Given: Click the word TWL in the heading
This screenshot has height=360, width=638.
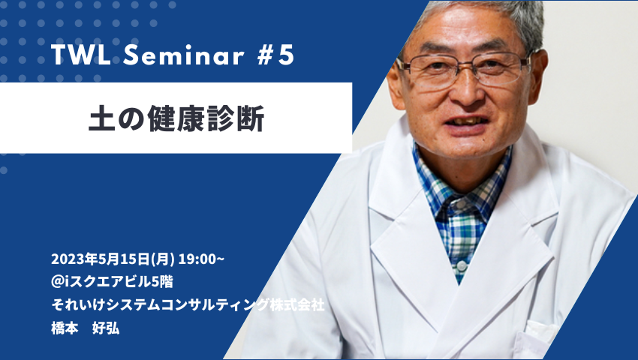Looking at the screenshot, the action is click(x=81, y=55).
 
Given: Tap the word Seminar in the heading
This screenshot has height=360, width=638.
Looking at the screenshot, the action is click(x=184, y=55).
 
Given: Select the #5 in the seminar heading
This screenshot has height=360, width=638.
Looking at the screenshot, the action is click(x=275, y=55).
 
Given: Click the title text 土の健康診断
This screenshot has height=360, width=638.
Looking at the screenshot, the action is click(x=176, y=118).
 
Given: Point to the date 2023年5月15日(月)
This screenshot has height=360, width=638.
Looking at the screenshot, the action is click(x=113, y=259).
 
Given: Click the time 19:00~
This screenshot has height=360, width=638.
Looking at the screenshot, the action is click(x=201, y=259).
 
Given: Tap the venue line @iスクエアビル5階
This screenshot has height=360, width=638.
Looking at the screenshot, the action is click(x=113, y=281).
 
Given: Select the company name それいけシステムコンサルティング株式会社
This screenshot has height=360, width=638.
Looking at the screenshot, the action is click(x=188, y=304).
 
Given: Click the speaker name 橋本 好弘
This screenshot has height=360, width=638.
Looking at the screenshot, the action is click(x=86, y=328).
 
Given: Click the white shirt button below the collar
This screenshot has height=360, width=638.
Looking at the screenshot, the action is click(x=462, y=267).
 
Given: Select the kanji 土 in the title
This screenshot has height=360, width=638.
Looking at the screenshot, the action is click(x=102, y=118).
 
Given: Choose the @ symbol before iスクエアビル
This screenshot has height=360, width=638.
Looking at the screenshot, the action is click(x=57, y=282).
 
